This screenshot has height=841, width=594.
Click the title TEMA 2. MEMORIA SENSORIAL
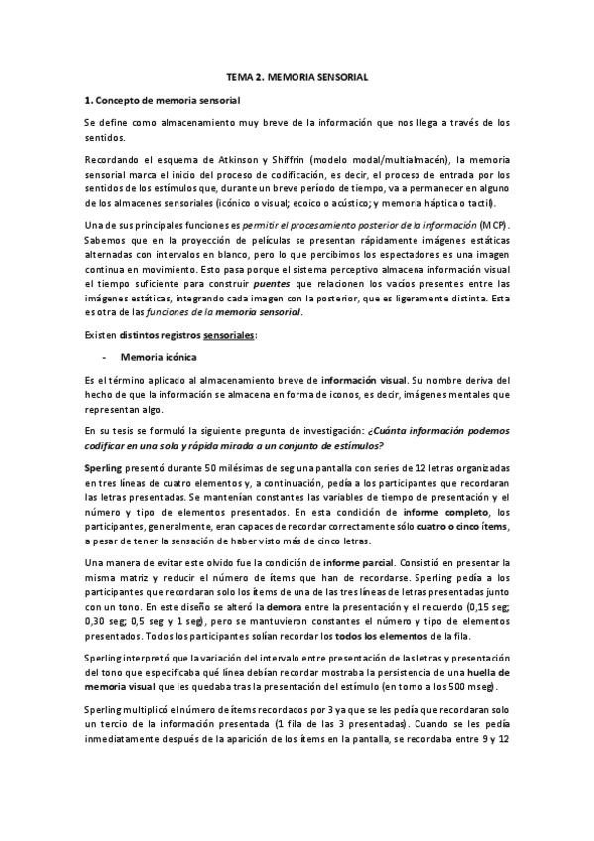tap(297, 76)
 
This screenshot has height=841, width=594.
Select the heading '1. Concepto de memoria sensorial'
tap(162, 100)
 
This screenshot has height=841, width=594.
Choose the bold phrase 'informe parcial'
tap(370, 562)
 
